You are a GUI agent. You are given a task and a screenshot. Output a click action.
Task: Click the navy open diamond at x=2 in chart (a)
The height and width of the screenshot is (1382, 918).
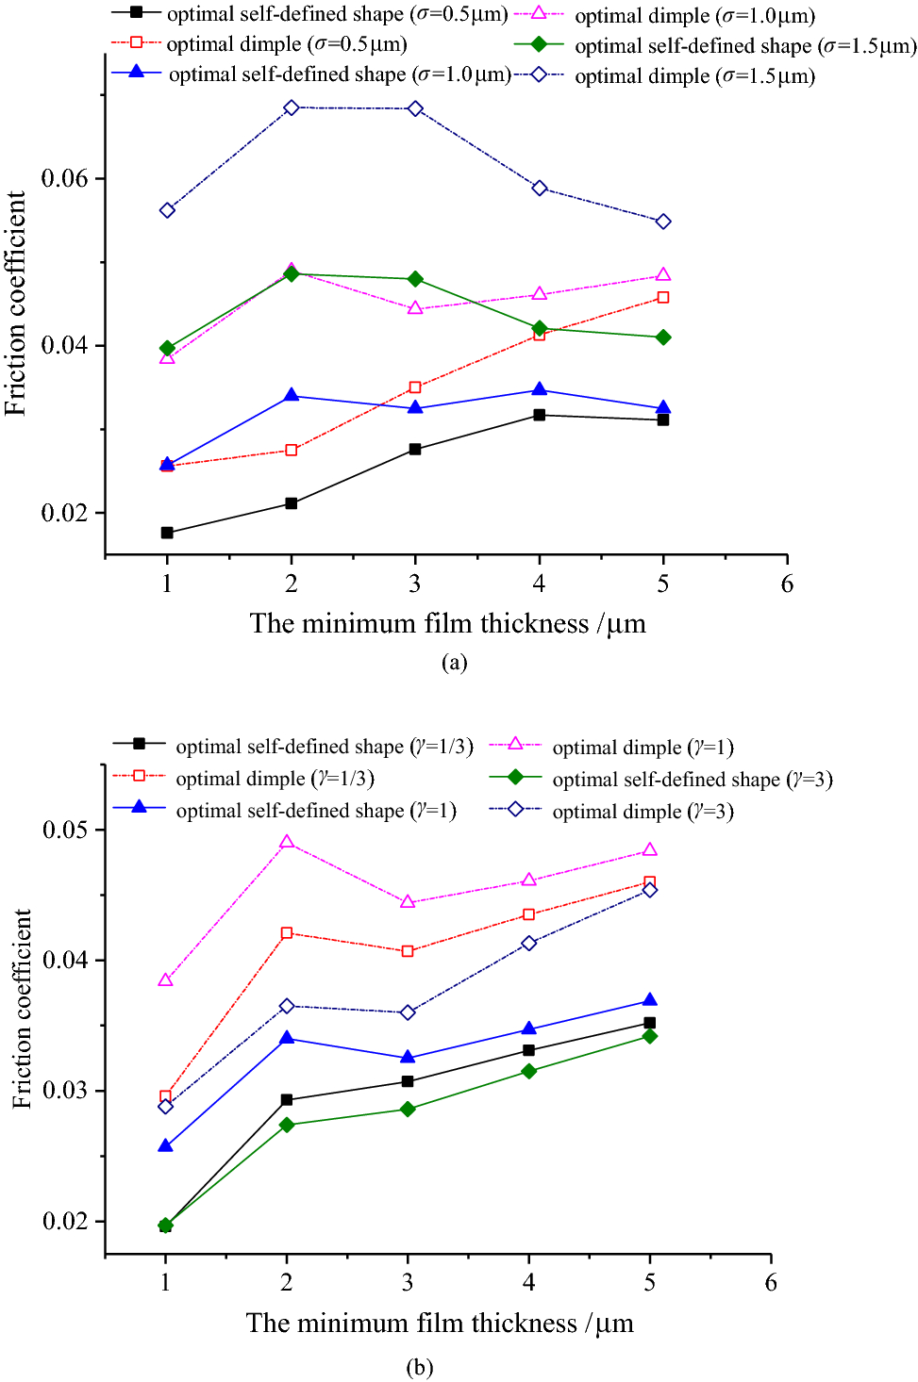point(292,107)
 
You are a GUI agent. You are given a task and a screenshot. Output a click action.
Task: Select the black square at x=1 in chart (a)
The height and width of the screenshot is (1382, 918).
point(167,533)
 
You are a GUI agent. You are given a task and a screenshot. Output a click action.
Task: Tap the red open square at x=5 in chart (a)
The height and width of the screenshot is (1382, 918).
point(663,297)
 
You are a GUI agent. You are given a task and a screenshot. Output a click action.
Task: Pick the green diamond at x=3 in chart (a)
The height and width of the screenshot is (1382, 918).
point(415,279)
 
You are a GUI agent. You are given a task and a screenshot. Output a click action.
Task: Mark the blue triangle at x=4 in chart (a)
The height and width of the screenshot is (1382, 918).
point(540,389)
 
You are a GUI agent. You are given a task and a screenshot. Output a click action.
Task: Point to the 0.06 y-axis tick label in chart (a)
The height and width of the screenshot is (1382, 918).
point(65,178)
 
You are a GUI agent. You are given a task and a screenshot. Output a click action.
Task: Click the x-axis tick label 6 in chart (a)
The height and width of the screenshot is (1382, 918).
point(787,584)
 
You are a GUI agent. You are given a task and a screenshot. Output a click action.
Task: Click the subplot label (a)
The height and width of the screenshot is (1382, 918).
point(454,662)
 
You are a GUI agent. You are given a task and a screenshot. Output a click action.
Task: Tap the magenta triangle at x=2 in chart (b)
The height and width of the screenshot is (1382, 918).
point(287,842)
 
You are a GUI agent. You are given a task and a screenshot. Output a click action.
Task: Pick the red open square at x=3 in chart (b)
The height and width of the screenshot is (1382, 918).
point(408,951)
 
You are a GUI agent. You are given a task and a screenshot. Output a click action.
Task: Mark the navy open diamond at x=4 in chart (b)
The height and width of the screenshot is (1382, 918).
point(529,943)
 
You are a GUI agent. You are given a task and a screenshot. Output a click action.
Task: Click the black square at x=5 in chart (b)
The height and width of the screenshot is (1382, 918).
point(650,1023)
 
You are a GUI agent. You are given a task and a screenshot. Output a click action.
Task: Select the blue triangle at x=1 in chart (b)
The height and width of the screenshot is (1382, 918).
point(166,1145)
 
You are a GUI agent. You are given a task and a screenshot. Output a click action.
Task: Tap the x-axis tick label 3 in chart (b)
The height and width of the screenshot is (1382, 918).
point(408,1282)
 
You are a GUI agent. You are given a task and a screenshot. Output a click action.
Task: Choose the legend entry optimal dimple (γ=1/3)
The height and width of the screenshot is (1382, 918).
point(275,779)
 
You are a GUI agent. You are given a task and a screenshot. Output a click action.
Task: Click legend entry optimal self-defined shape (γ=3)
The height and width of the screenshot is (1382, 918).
point(692,780)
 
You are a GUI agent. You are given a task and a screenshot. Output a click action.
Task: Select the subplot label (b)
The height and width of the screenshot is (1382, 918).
point(419,1367)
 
